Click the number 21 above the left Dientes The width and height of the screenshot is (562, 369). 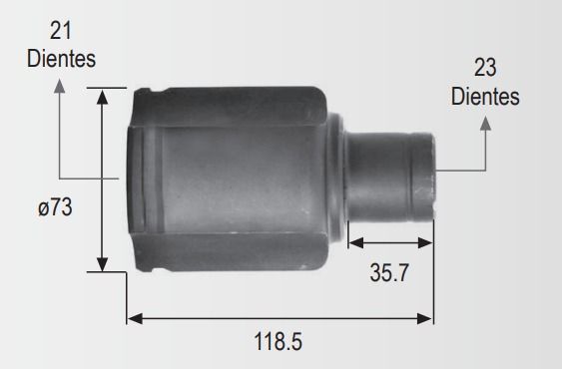tap(61, 31)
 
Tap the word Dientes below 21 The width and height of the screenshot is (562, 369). tap(61, 59)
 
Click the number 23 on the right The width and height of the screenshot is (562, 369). tap(485, 68)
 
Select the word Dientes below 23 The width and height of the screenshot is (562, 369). tap(485, 96)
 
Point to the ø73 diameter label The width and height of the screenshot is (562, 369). tap(55, 207)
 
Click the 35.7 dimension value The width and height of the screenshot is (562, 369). tap(389, 272)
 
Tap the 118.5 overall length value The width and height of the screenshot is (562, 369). tap(279, 341)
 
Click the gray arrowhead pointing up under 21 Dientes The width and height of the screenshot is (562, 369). tap(59, 87)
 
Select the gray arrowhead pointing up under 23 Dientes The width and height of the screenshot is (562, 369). tap(485, 124)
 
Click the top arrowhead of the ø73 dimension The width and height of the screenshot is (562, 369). tap(103, 97)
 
